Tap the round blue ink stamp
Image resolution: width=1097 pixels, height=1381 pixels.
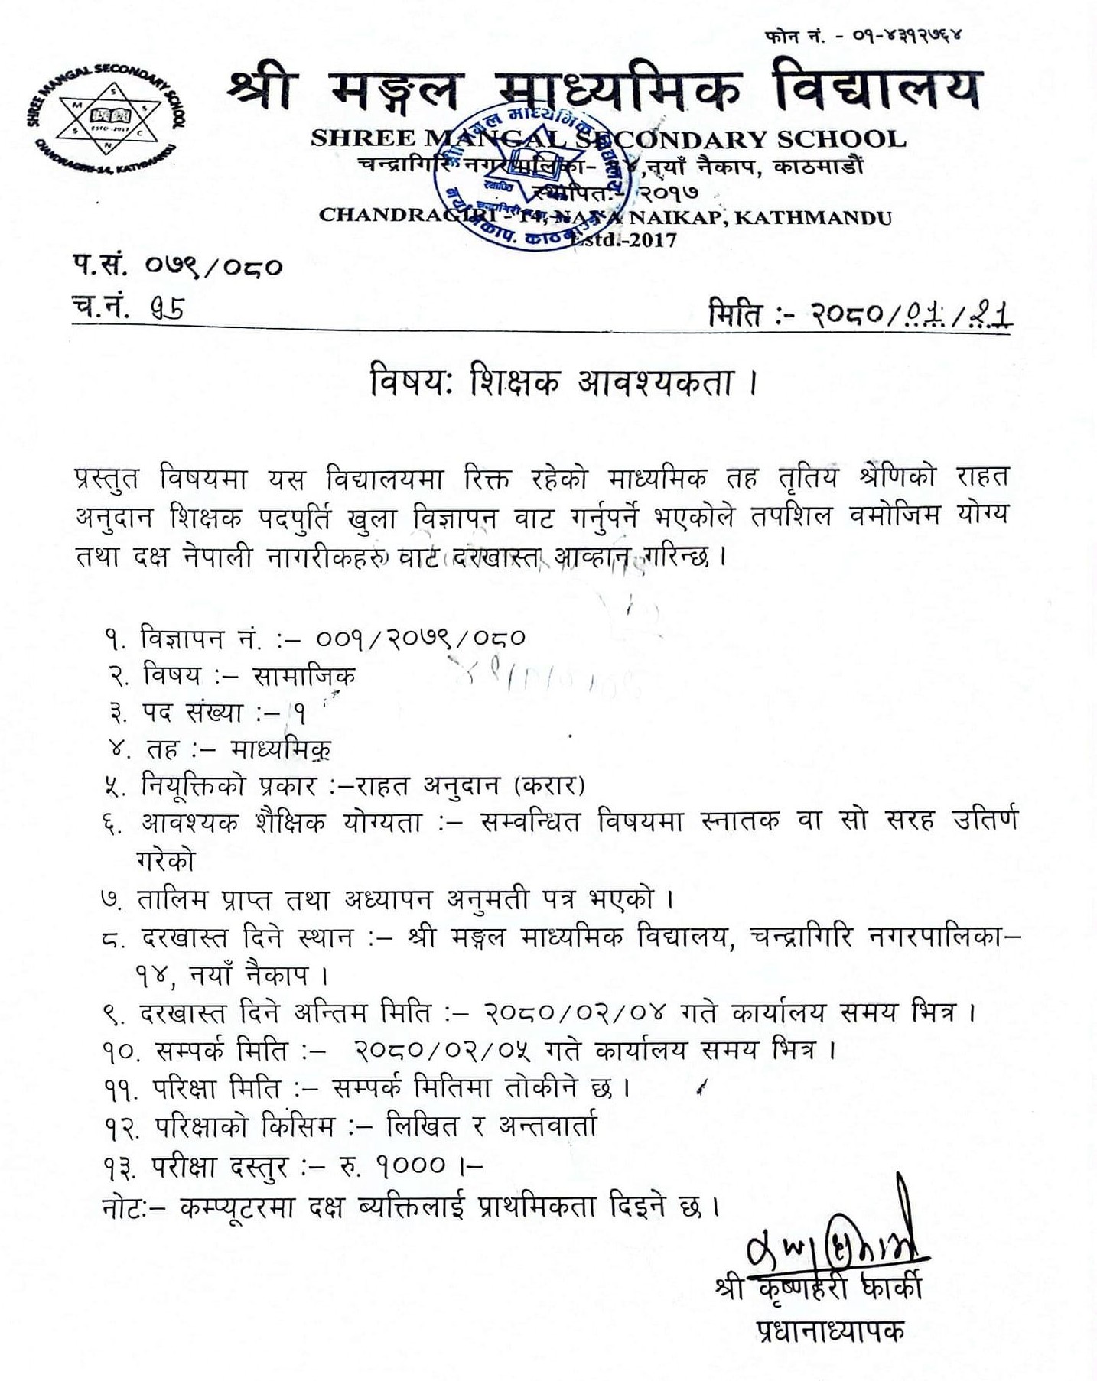coord(532,177)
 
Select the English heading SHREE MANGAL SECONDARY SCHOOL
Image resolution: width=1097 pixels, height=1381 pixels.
coord(608,139)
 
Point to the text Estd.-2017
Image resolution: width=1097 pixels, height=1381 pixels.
coord(635,240)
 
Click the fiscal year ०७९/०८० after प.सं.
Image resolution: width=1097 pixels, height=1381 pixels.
coord(213,267)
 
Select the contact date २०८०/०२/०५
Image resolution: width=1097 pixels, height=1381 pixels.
coord(444,1050)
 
